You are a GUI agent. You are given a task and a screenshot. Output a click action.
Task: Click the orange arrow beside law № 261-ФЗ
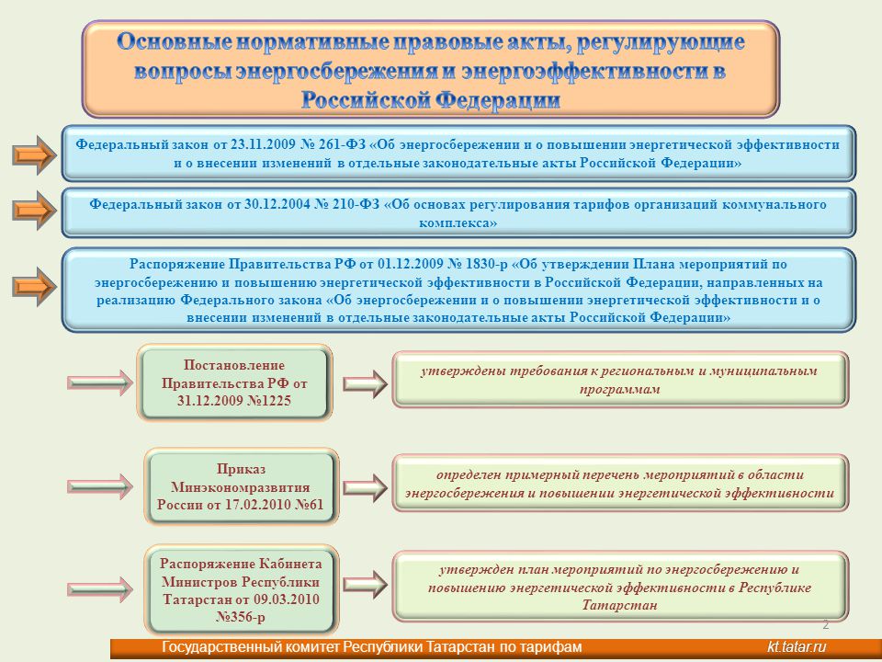(34, 154)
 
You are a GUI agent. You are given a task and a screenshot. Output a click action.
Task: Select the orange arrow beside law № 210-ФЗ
(34, 210)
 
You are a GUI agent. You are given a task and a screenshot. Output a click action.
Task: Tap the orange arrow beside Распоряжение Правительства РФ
(34, 287)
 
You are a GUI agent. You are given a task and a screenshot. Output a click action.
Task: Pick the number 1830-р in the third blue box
(485, 264)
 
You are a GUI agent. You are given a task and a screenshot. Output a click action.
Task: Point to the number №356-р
(240, 617)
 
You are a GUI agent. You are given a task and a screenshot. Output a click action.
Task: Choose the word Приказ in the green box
(241, 469)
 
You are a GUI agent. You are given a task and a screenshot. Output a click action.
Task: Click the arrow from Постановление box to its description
(365, 384)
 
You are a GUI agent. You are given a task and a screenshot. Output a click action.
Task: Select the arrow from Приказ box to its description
(365, 487)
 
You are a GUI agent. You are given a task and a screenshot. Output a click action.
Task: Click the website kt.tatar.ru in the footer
(797, 646)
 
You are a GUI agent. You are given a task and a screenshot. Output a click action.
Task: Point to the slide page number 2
(826, 624)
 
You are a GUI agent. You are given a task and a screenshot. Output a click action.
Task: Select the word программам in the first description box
(620, 389)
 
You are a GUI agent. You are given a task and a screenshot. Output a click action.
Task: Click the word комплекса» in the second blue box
(458, 223)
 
